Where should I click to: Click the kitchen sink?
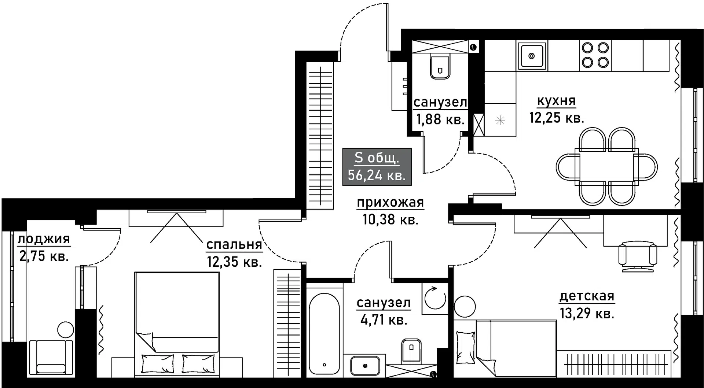coord(532,56)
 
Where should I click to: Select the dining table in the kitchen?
coord(606,165)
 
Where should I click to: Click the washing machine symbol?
coord(435,299)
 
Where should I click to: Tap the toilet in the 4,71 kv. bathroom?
coord(411,350)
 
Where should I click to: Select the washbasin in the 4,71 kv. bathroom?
coord(365,365)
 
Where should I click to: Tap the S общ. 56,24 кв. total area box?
coord(377,167)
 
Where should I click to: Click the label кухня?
coord(556,101)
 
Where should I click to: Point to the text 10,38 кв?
coord(390,219)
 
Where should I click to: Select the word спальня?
coord(234,244)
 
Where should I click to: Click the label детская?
coord(587,296)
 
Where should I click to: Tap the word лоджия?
coord(44,239)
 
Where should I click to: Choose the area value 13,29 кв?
coord(587,314)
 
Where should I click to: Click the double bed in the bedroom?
coord(177,324)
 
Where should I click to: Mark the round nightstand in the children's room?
coord(465,306)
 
